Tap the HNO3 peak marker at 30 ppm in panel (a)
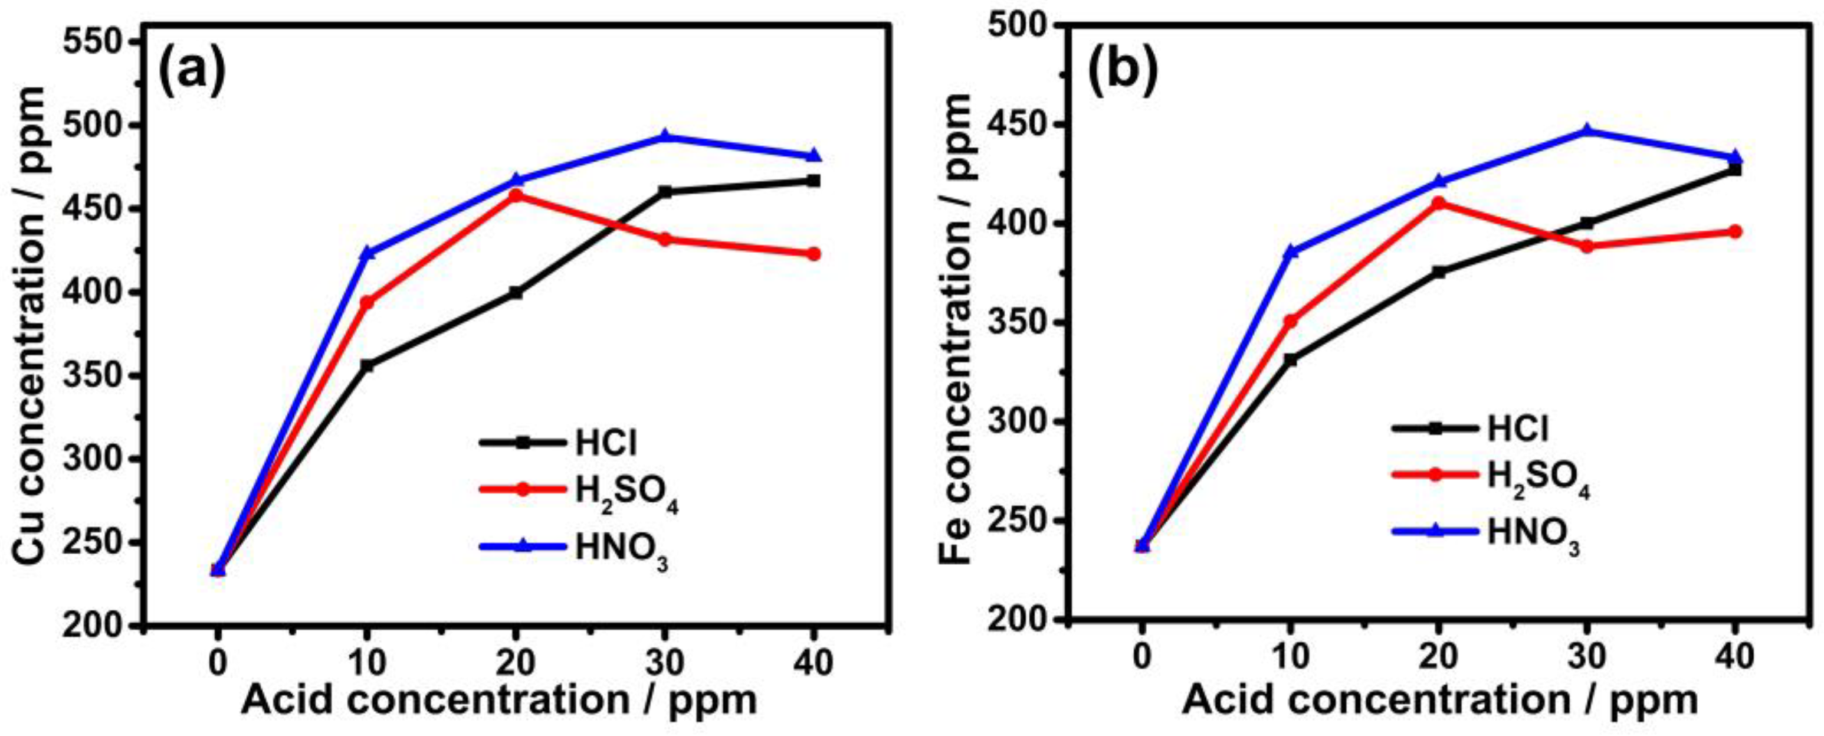[664, 136]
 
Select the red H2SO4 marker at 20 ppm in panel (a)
[516, 194]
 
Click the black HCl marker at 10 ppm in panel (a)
[367, 365]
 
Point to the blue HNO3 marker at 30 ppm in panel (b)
[1587, 130]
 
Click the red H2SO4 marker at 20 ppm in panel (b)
[1438, 203]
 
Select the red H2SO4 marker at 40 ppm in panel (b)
[1736, 231]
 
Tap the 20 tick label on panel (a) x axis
[516, 665]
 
